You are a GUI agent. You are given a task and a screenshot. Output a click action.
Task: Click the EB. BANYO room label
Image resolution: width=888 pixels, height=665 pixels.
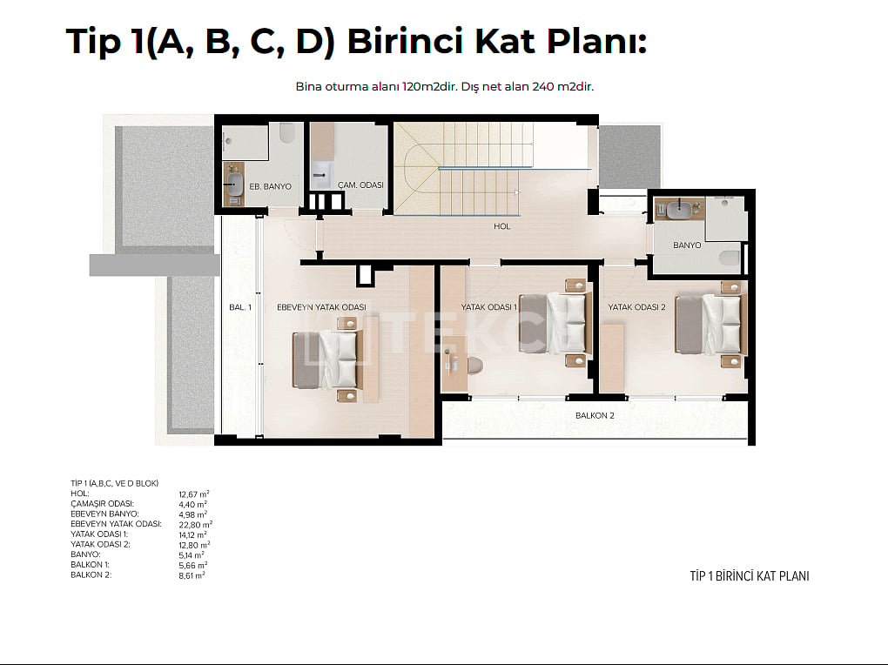[x=270, y=186]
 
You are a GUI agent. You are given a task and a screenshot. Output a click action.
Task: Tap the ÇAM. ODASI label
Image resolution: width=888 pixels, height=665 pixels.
[x=360, y=185]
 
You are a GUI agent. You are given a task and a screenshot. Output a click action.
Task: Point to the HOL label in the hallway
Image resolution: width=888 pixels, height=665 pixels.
[x=501, y=226]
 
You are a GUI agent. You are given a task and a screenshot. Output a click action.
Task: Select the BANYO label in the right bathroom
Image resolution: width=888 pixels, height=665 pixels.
[x=687, y=245]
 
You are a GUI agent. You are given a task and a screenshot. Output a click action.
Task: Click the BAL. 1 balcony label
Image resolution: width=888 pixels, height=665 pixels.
[x=240, y=307]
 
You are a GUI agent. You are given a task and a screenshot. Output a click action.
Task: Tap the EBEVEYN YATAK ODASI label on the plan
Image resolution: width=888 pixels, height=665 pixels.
[x=321, y=307]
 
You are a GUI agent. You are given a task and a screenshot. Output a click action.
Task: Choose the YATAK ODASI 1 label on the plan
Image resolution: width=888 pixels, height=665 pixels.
[x=488, y=307]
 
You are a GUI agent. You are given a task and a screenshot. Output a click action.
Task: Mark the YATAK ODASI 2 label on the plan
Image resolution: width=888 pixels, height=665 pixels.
[x=636, y=307]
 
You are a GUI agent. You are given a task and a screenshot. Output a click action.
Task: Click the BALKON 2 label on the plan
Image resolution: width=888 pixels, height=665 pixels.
[x=595, y=416]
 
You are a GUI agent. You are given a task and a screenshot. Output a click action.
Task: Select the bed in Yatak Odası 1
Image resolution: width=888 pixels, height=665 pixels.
[x=553, y=324]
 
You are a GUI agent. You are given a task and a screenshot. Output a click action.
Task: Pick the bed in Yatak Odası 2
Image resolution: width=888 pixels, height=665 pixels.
[x=708, y=324]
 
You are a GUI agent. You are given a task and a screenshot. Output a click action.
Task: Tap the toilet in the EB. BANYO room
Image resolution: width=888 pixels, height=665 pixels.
[x=287, y=134]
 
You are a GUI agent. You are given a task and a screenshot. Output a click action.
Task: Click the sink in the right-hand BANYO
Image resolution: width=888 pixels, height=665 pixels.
[x=678, y=210]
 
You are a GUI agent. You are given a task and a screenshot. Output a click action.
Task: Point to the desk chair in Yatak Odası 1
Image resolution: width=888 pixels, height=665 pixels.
[x=474, y=366]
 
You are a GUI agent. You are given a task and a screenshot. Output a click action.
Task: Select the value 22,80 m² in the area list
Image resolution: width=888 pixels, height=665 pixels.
[x=195, y=525]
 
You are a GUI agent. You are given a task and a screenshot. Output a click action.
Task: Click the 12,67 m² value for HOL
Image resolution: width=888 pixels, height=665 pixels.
[x=193, y=494]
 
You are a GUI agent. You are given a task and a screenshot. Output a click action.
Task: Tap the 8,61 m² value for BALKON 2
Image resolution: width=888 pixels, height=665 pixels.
[x=192, y=575]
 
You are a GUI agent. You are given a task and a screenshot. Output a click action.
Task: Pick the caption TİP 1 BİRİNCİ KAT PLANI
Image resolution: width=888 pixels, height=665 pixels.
[x=750, y=576]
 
